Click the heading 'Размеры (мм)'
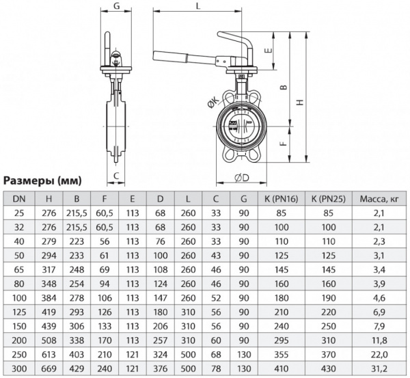click(42, 180)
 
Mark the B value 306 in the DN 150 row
click(77, 319)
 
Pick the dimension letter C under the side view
click(117, 175)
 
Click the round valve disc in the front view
click(241, 128)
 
